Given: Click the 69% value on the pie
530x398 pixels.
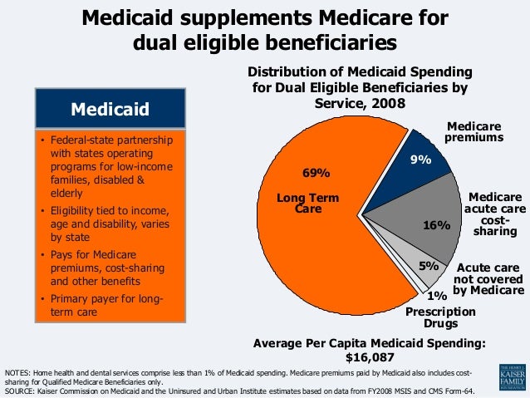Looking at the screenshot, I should pos(317,174).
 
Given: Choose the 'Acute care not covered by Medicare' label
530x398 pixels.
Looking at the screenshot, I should pos(490,279).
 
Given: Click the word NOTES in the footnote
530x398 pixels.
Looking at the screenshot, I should pos(19,371).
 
